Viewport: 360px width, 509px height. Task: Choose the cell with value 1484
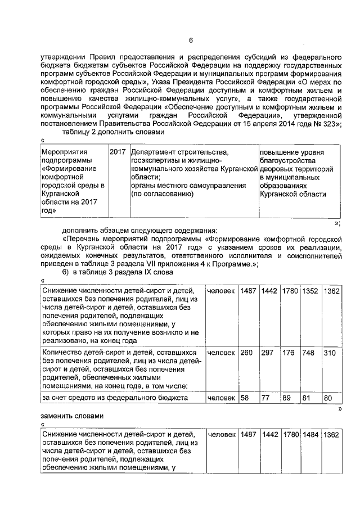click(x=310, y=435)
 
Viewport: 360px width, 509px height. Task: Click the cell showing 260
click(x=246, y=353)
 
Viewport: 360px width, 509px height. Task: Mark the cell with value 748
click(x=309, y=353)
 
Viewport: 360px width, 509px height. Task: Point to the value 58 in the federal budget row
click(x=245, y=398)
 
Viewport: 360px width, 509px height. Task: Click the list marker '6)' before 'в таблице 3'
click(x=66, y=272)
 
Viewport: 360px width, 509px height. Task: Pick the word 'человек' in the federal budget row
click(x=221, y=398)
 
